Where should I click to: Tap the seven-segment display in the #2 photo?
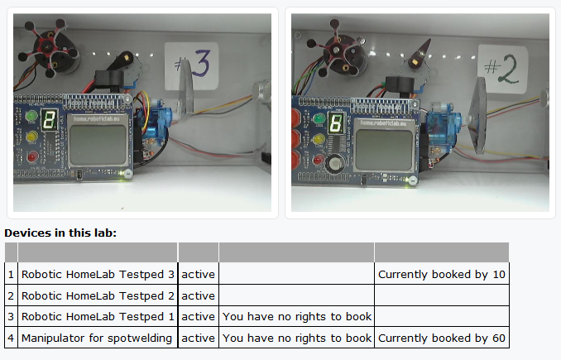coord(336,125)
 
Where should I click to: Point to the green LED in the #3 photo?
coord(32,114)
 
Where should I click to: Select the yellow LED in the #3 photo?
coord(32,135)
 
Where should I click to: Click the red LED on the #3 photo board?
coord(32,156)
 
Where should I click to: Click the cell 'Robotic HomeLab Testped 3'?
coord(98,274)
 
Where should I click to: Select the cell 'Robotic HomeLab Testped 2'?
coord(98,295)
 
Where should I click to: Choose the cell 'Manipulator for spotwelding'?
coord(98,338)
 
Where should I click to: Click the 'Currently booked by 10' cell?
coord(441,274)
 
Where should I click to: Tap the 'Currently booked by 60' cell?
coord(441,338)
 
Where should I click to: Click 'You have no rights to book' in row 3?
coord(296,316)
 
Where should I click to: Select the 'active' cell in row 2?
coord(198,295)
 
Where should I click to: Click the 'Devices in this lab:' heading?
coord(60,233)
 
